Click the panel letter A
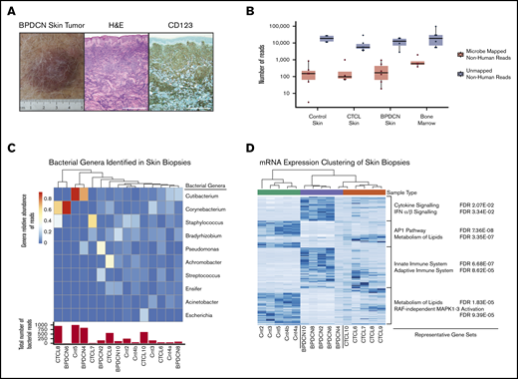(9, 8)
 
